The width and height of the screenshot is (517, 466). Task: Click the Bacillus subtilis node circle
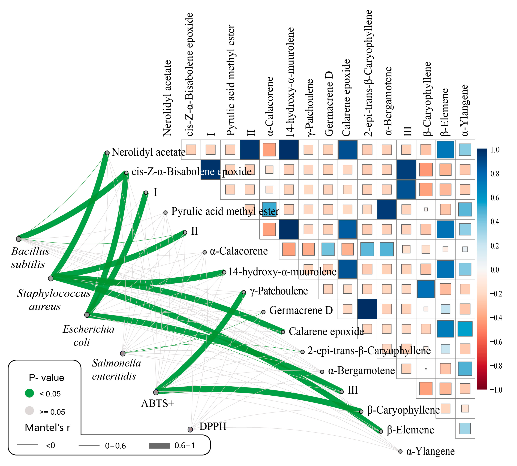coord(19,239)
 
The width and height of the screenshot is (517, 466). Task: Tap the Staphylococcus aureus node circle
coord(51,278)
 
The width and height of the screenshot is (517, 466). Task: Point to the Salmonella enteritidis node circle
coord(123,354)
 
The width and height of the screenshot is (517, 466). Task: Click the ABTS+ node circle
coord(156,392)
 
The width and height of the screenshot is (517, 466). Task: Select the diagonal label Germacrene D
coord(301,311)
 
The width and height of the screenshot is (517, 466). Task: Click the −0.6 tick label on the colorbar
coord(496,342)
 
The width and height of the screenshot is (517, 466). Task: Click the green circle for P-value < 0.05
coord(29,393)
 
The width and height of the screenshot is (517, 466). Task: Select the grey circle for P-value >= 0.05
coord(29,411)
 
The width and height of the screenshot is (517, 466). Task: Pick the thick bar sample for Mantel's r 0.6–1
coord(160,446)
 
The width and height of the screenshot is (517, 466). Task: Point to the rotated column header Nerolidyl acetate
coord(167,98)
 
